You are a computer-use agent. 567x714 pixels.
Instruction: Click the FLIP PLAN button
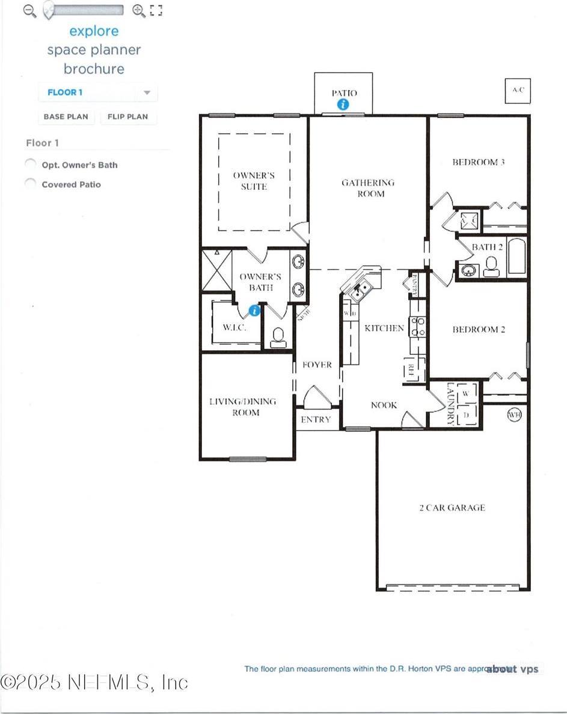point(127,116)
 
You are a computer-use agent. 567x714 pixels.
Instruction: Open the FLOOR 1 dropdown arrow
point(147,93)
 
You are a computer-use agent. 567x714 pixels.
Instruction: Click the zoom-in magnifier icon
point(138,10)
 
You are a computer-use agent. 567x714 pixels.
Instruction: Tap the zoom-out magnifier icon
point(29,10)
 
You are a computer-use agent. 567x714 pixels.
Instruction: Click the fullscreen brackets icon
point(156,10)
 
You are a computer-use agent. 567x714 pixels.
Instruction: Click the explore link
point(94,31)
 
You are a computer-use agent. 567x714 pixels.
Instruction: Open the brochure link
point(94,68)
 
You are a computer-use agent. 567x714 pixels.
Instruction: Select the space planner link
point(94,50)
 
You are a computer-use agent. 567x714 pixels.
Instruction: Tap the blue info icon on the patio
point(343,104)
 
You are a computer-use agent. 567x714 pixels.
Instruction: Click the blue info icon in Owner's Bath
point(254,310)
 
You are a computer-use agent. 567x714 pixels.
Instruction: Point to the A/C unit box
point(518,90)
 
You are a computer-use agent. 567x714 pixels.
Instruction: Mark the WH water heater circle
point(514,415)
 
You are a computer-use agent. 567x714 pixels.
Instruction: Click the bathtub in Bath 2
point(517,258)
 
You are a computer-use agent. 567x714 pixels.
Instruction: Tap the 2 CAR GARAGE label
point(452,507)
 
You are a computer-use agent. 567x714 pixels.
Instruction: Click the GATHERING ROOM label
point(368,188)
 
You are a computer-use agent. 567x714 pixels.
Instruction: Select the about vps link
point(512,669)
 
